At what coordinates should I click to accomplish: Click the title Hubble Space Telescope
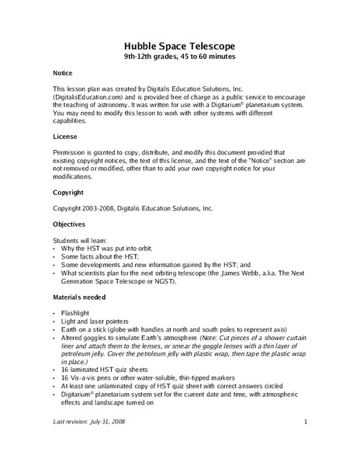179,45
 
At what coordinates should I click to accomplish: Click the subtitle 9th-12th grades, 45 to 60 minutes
179,57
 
